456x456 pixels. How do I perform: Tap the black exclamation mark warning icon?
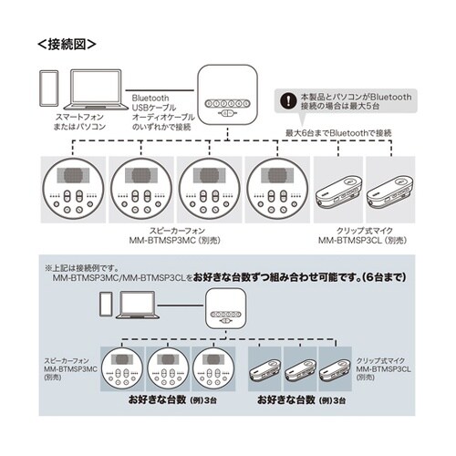click(289, 98)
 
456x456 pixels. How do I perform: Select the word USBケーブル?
click(155, 105)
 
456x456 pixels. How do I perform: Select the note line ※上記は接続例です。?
click(95, 269)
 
